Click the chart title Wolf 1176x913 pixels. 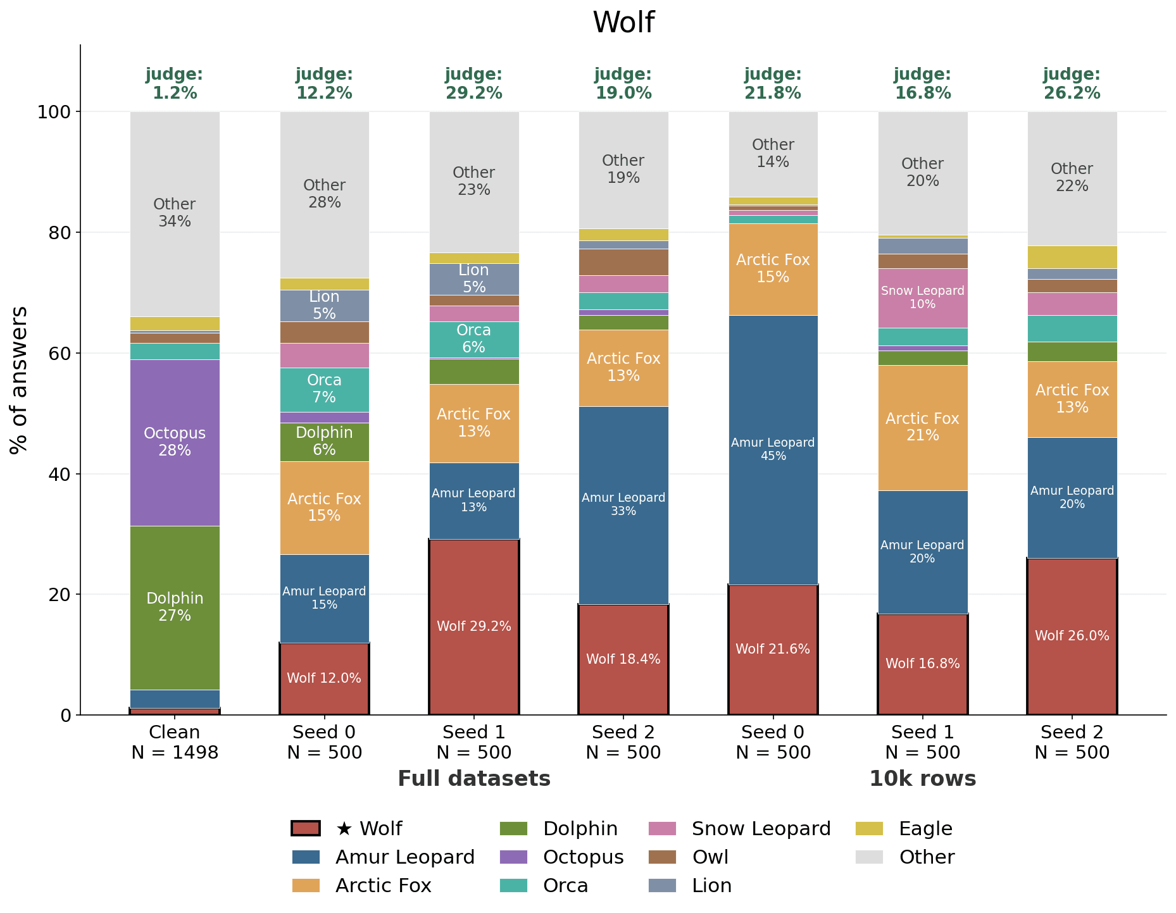pyautogui.click(x=623, y=23)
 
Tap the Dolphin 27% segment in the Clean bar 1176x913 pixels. pyautogui.click(x=175, y=608)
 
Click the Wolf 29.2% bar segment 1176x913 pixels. pyautogui.click(x=474, y=627)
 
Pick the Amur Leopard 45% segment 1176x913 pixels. pyautogui.click(x=773, y=450)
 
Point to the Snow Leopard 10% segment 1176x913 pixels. pyautogui.click(x=923, y=298)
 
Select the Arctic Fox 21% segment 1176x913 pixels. pyautogui.click(x=923, y=428)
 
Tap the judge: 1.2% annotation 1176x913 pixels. pyautogui.click(x=175, y=84)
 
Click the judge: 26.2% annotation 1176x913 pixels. pyautogui.click(x=1072, y=84)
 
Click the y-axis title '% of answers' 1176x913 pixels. pyautogui.click(x=19, y=380)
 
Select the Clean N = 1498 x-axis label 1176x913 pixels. pyautogui.click(x=175, y=742)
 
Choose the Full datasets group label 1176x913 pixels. pyautogui.click(x=474, y=779)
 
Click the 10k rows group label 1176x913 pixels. pyautogui.click(x=923, y=779)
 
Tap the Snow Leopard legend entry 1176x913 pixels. pyautogui.click(x=740, y=829)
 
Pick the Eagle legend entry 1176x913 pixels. pyautogui.click(x=904, y=829)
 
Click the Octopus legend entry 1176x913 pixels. pyautogui.click(x=561, y=857)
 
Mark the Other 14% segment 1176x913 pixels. pyautogui.click(x=773, y=154)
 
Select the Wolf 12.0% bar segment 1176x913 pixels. pyautogui.click(x=325, y=679)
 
